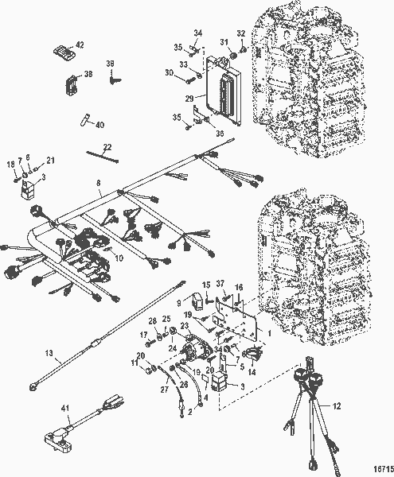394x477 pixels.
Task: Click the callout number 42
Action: tap(80, 45)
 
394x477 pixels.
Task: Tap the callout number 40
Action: tap(99, 125)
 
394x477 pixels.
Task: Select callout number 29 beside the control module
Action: tap(189, 99)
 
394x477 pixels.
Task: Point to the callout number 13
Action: tap(49, 353)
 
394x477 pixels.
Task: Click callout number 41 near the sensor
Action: tap(65, 408)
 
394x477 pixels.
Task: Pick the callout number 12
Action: tap(337, 406)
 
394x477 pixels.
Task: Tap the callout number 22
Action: tap(107, 147)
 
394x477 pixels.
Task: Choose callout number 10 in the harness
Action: tap(119, 258)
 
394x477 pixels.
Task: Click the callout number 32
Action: tap(241, 33)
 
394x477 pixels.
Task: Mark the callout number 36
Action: tap(220, 134)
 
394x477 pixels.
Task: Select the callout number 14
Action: tap(252, 372)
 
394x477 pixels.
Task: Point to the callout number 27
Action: tap(165, 390)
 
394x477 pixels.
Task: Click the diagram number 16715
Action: tap(384, 469)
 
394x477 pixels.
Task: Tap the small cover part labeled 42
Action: tap(64, 52)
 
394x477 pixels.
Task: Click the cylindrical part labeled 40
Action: tap(85, 119)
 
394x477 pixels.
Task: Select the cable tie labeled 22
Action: tap(103, 157)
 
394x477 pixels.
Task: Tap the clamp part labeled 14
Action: tap(253, 354)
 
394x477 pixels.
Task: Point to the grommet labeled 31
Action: tap(233, 56)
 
